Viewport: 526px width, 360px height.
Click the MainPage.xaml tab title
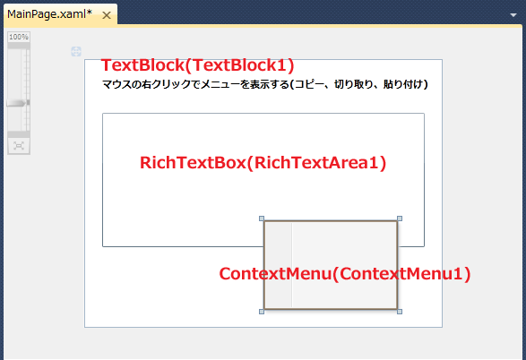(49, 14)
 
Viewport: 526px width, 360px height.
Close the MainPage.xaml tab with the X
(107, 15)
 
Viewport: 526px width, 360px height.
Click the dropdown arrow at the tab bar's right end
(513, 15)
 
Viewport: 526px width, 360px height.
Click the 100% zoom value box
(19, 37)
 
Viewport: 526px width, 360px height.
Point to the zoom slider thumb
(18, 103)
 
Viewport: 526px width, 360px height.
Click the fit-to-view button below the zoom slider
(19, 146)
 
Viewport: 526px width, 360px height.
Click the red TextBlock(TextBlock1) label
(197, 65)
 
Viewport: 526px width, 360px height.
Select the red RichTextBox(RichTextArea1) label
(263, 163)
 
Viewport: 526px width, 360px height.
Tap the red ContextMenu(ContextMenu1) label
(345, 274)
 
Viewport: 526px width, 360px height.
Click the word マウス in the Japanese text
(116, 84)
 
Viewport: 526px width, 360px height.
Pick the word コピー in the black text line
(310, 84)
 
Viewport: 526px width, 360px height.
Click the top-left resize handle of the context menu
(262, 219)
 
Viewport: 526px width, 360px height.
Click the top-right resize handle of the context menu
(400, 219)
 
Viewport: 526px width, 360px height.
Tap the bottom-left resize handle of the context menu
(262, 312)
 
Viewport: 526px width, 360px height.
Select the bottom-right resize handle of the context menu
(400, 312)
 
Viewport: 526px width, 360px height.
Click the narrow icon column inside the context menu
(279, 265)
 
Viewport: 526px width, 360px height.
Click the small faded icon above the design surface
(76, 52)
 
